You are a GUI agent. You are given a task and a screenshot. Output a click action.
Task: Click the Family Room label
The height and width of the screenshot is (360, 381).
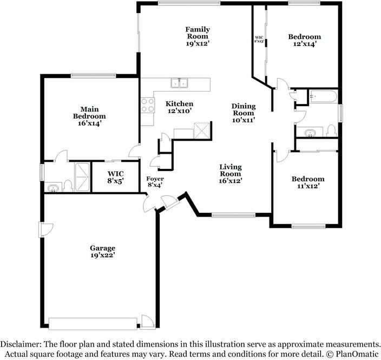(x=198, y=36)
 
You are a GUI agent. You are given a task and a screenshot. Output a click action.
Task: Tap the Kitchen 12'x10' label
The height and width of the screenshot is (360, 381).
(x=179, y=107)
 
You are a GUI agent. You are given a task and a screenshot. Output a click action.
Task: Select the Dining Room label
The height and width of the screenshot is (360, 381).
(x=244, y=113)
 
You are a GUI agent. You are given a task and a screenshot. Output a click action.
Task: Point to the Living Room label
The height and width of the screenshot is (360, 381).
(x=230, y=174)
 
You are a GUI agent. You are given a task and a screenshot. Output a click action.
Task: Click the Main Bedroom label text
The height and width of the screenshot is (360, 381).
(x=89, y=116)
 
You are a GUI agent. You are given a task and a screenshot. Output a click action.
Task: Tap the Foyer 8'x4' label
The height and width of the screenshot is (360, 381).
(x=155, y=182)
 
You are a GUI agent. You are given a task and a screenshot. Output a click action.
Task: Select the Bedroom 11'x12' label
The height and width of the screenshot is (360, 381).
(x=308, y=182)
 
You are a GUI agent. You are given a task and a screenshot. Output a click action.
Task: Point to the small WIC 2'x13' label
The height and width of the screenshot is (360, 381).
(x=259, y=40)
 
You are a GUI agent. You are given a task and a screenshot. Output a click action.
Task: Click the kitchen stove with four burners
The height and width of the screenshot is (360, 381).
(x=147, y=104)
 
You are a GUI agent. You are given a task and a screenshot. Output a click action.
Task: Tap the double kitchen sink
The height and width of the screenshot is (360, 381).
(x=180, y=83)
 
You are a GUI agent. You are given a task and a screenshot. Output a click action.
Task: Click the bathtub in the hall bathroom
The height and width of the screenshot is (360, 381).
(x=324, y=97)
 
